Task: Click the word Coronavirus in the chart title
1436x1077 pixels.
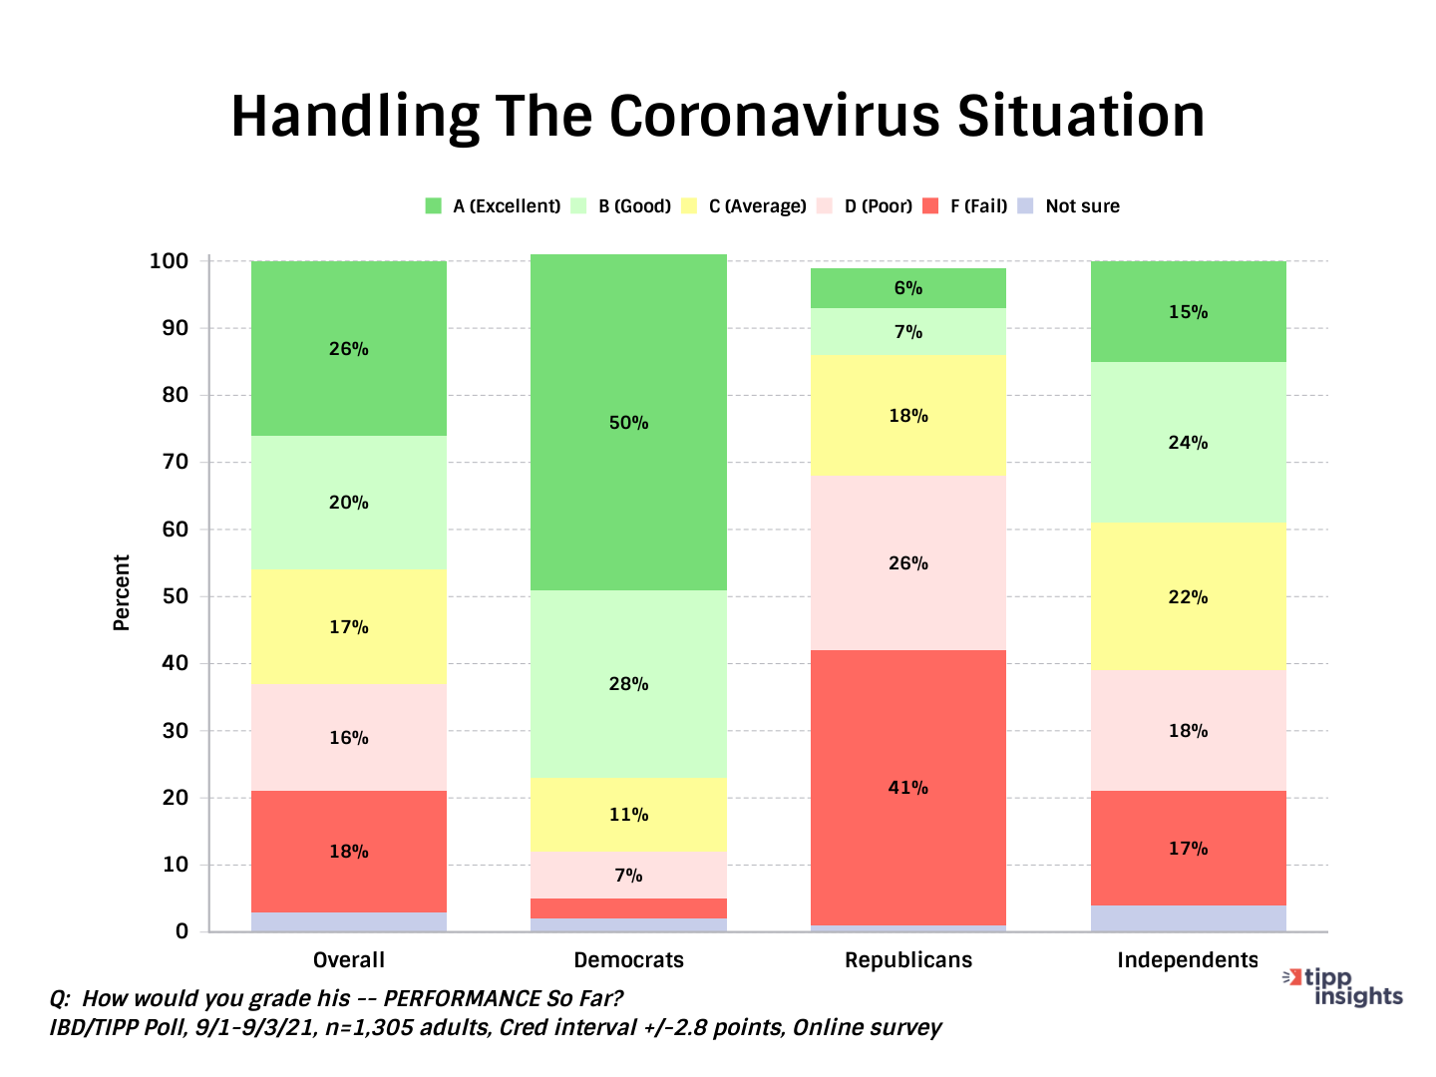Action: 775,116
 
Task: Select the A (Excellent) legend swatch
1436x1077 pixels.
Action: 433,206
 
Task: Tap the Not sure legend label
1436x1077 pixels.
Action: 1082,206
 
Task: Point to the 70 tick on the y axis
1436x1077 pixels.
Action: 176,462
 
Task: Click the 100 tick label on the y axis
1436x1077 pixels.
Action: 169,261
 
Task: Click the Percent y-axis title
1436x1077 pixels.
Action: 122,592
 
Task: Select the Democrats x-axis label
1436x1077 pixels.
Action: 628,960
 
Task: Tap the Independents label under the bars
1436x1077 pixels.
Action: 1187,960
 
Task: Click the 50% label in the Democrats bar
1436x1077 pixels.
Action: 628,423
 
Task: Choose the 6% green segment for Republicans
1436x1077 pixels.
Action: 907,288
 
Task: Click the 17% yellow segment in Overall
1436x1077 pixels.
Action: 348,627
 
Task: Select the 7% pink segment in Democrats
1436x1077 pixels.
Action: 628,875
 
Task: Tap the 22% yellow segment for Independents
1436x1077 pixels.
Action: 1188,597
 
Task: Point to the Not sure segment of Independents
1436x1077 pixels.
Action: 1188,918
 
